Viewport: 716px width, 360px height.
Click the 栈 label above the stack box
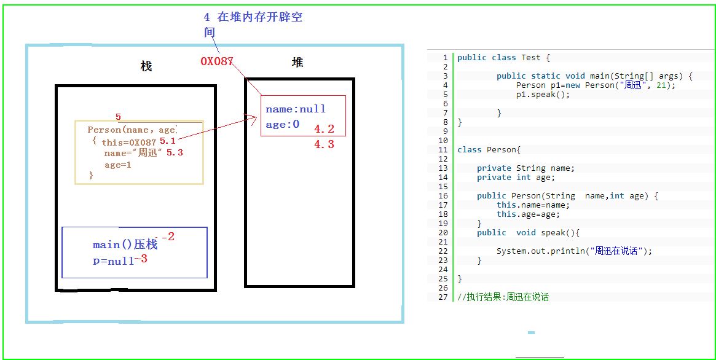pos(146,66)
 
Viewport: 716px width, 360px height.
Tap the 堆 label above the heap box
pos(297,62)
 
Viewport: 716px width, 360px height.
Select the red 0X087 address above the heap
pos(217,61)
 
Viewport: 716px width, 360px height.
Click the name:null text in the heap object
pos(296,109)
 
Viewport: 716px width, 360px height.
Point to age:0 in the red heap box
pos(283,125)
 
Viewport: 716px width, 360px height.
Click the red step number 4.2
pos(324,129)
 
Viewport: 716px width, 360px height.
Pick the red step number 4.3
pos(324,144)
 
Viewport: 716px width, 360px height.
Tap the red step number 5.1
pos(168,141)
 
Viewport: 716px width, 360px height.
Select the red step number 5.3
pos(175,152)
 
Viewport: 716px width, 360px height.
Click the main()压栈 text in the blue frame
pos(125,245)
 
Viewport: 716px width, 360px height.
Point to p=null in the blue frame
pos(113,260)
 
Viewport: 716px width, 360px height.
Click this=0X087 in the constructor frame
pos(129,143)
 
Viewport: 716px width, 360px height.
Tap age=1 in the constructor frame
pos(118,165)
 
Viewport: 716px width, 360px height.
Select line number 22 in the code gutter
pos(443,251)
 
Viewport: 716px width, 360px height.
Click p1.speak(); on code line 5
pos(543,95)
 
